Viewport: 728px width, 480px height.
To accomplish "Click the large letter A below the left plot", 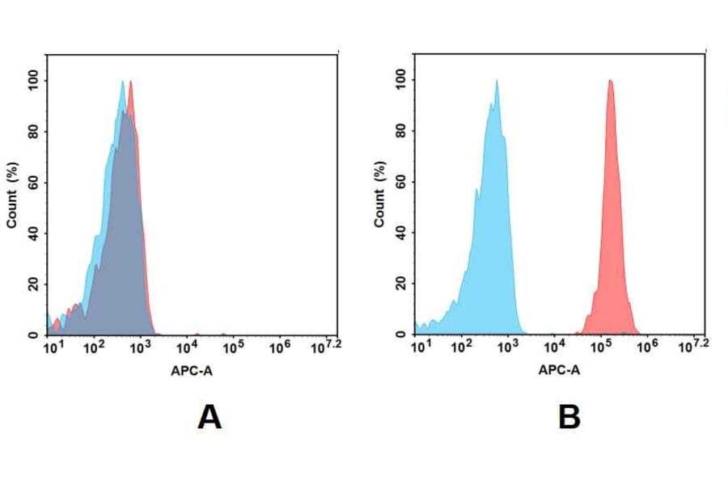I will pos(210,418).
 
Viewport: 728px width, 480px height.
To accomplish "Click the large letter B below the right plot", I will pos(569,417).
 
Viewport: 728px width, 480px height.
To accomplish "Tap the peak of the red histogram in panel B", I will pos(610,81).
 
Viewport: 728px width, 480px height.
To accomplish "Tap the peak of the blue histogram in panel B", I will pos(497,81).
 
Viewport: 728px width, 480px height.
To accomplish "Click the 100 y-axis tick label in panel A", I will pos(33,81).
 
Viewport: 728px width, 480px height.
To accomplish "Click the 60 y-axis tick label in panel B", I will pos(400,182).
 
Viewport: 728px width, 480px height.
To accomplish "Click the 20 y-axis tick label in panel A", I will pos(33,284).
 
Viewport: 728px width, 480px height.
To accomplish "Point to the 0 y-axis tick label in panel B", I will pos(400,334).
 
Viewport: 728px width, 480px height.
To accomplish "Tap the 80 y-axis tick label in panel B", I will pos(400,131).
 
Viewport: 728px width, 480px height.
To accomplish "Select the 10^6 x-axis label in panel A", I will pos(280,347).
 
